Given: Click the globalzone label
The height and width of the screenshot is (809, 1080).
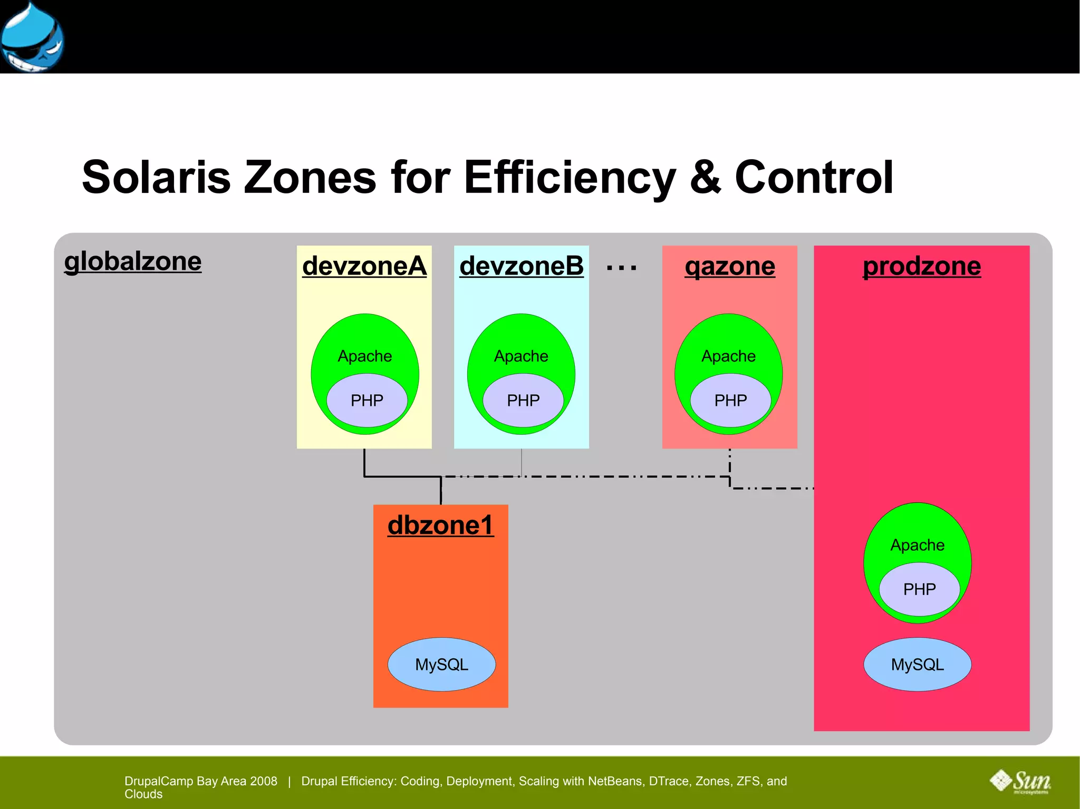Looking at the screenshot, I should point(132,261).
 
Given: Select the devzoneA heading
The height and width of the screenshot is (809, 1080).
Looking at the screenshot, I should point(364,266).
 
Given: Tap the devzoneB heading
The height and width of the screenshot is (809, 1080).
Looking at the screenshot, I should point(521,266).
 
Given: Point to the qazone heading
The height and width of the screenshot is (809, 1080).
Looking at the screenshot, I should point(729,266).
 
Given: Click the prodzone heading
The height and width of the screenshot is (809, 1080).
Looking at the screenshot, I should point(921,266).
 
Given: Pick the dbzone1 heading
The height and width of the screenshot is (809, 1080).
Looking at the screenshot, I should point(440,525).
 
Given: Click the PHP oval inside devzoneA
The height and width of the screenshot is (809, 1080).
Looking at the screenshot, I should point(367,401).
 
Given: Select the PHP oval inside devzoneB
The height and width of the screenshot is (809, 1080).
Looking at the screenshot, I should point(523,401).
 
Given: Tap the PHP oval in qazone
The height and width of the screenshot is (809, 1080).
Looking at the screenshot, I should point(730,401).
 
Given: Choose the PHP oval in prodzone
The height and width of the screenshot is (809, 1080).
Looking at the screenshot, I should point(919,589).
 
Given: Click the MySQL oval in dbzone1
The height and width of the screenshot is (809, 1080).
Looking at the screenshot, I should point(441,665).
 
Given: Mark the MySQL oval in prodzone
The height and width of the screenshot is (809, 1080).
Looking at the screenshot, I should point(917,665).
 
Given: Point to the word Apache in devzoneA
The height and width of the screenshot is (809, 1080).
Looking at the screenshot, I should point(364,356).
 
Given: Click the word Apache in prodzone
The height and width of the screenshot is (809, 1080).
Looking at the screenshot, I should point(917,545).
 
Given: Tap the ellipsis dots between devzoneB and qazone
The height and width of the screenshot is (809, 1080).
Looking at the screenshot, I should point(621,268).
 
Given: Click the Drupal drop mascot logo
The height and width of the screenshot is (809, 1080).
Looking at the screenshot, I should point(32,37).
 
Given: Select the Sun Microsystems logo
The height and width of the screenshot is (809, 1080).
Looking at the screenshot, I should point(1020,781).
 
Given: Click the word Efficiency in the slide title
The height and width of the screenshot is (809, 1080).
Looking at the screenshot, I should point(569,177).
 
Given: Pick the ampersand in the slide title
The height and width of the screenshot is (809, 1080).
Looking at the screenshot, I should point(705,177).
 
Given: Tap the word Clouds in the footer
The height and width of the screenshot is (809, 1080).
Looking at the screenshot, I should point(143,794).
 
